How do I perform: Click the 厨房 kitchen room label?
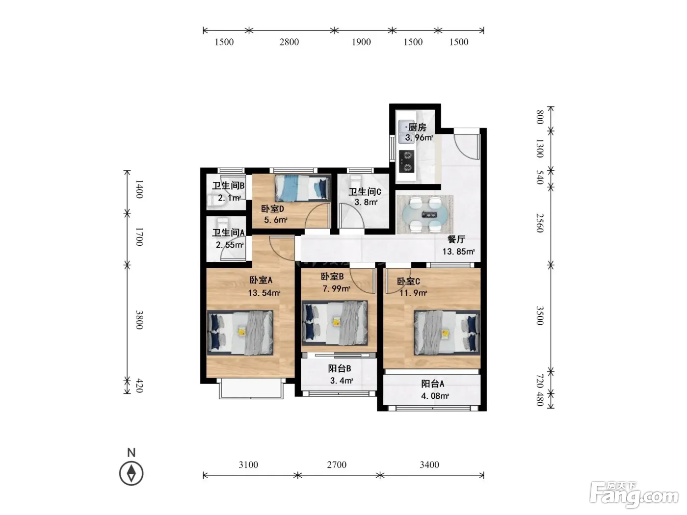coord(417,127)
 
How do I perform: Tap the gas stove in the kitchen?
coord(407,161)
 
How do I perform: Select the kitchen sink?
coord(406,131)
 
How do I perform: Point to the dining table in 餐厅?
coord(425,214)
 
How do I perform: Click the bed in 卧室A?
coord(240,333)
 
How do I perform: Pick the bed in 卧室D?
coord(303,188)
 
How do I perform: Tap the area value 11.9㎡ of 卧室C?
coord(413,293)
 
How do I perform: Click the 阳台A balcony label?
coord(432,384)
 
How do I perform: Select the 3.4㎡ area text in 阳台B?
coord(342,381)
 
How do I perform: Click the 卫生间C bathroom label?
coord(365,191)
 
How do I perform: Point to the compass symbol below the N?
coord(131,474)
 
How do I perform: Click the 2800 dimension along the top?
coord(289,42)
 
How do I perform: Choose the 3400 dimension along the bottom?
coord(429,464)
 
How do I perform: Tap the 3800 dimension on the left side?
coord(139,320)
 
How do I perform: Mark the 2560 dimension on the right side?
coord(540,223)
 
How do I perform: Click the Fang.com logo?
coord(634,496)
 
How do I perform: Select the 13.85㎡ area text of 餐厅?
coord(458,252)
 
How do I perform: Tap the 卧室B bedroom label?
coord(332,277)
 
